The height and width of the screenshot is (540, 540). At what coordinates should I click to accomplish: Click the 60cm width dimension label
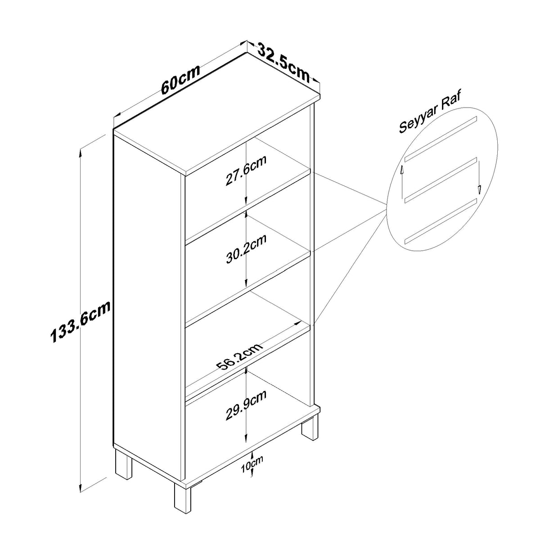coord(181,80)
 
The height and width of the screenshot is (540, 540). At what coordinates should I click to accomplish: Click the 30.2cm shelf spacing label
coord(246,248)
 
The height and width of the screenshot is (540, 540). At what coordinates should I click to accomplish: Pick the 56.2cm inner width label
coord(240,356)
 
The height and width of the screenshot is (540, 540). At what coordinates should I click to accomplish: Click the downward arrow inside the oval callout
coord(479,177)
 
